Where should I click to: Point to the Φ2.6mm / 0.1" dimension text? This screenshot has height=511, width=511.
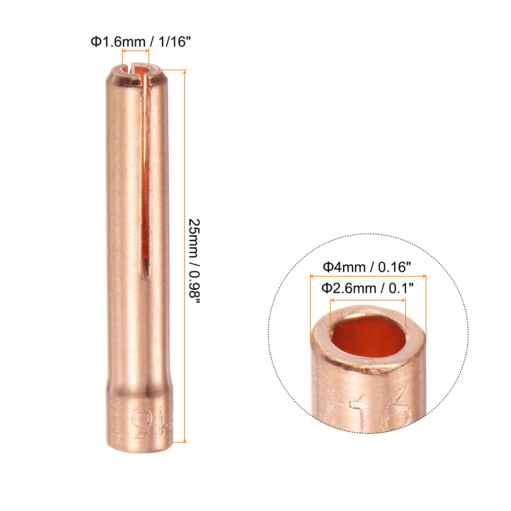click(367, 288)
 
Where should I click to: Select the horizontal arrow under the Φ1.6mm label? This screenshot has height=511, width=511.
click(136, 51)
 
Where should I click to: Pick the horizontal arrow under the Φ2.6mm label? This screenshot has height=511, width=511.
click(368, 300)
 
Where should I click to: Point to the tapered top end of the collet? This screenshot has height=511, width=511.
click(136, 77)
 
